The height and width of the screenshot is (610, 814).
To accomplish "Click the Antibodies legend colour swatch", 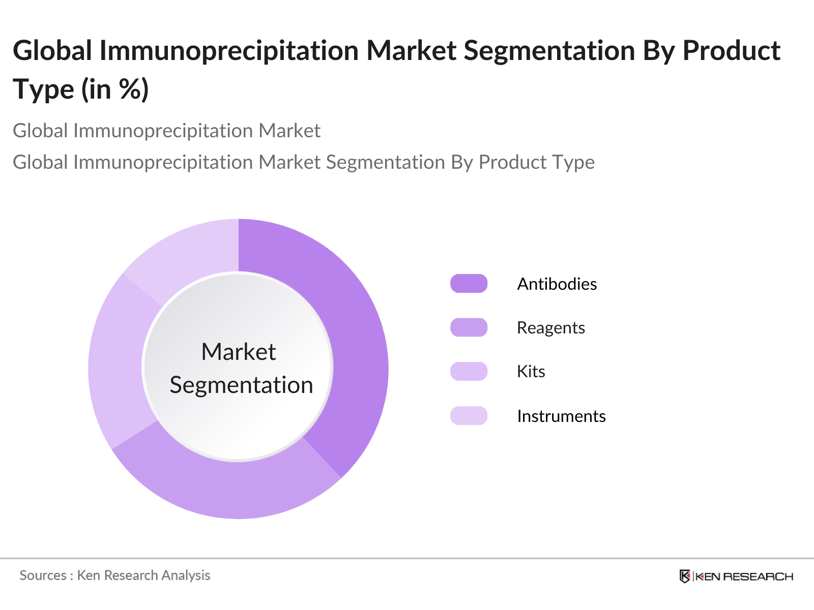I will (x=469, y=284).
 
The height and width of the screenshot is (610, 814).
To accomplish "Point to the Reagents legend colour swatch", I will (x=469, y=328).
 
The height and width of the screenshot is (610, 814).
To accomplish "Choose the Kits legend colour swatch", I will (x=469, y=372).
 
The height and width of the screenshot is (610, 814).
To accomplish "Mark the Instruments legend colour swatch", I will (x=469, y=416).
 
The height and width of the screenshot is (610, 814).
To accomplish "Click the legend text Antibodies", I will (x=557, y=284).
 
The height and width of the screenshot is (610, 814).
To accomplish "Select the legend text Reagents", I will (x=550, y=328).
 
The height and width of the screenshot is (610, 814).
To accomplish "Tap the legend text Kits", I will (x=531, y=372).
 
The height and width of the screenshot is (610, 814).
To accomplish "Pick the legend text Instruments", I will (x=561, y=416).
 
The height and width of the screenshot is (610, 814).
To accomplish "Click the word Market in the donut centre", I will (x=239, y=352).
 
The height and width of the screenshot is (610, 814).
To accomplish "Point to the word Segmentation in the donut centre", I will (x=241, y=385).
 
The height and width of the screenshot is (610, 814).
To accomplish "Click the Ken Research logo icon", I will (x=685, y=576).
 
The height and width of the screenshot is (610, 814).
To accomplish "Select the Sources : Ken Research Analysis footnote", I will (x=115, y=575).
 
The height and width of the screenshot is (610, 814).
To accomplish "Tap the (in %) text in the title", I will (x=115, y=89).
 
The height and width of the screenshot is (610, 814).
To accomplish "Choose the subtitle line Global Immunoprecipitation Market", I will (x=166, y=131).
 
